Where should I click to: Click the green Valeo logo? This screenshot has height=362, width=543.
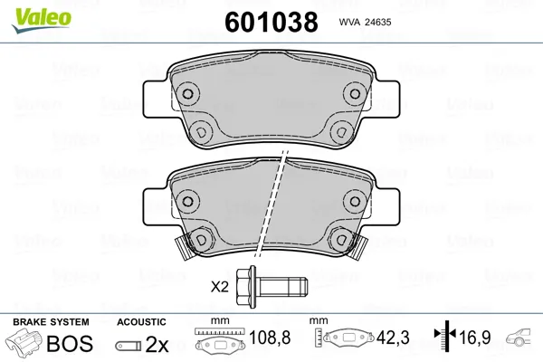(42, 21)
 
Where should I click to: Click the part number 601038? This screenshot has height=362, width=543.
(271, 22)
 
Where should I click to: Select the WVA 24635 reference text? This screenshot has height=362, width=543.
(365, 22)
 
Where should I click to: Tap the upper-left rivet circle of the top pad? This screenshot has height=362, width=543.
(187, 93)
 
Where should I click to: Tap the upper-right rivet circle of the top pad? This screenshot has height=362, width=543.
(354, 93)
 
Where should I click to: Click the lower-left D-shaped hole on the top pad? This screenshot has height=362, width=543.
(201, 132)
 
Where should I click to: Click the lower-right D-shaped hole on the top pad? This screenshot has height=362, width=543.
(341, 132)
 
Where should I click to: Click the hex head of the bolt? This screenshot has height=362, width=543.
(246, 286)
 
